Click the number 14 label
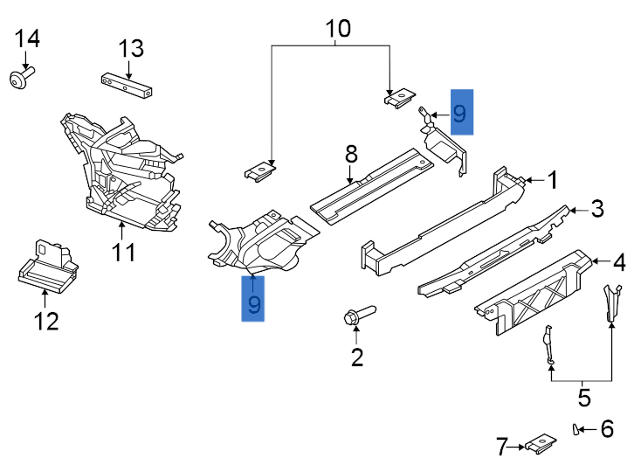coord(27,38)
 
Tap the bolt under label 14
coord(19,80)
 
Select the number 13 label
coord(131,48)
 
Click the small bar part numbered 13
coord(128,85)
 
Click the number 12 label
coord(45,322)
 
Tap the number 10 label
coord(338,29)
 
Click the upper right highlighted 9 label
coord(461,112)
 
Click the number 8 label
coord(351,155)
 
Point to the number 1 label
coord(553,180)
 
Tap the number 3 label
coord(596,209)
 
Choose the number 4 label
coord(618,260)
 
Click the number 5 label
coord(583,399)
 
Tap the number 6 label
coord(607,428)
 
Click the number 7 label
coord(502,448)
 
